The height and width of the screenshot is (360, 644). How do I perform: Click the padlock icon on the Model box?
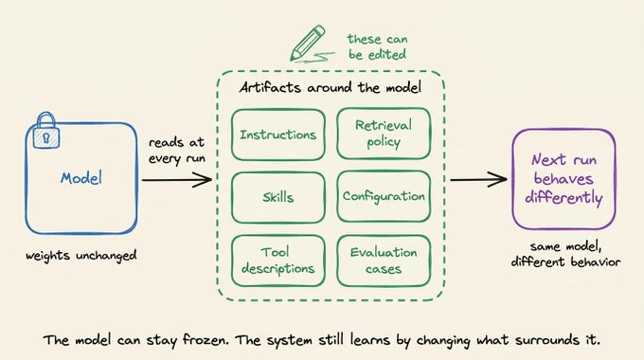[x=46, y=131]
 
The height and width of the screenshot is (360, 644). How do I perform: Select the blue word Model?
[x=81, y=178]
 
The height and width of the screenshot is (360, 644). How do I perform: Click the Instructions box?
[x=278, y=135]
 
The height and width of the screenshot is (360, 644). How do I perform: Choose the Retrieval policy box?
[x=384, y=134]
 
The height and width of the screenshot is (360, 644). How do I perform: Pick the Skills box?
[x=278, y=198]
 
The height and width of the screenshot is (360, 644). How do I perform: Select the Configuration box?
[x=384, y=196]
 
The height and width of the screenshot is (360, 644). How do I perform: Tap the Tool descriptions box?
[x=278, y=261]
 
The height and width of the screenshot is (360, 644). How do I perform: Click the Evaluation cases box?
[x=384, y=261]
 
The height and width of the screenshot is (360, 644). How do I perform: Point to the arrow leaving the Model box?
[x=177, y=180]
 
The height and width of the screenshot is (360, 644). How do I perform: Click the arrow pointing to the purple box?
[x=479, y=180]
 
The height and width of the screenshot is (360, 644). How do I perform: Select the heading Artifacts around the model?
[x=331, y=87]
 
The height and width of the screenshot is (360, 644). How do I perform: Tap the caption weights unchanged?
[x=80, y=256]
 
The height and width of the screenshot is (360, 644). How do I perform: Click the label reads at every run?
[x=177, y=151]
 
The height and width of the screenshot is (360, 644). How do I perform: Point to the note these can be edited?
[x=378, y=46]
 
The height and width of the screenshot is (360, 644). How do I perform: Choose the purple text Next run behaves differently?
[x=563, y=179]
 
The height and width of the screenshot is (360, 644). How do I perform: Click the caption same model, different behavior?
[x=565, y=255]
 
